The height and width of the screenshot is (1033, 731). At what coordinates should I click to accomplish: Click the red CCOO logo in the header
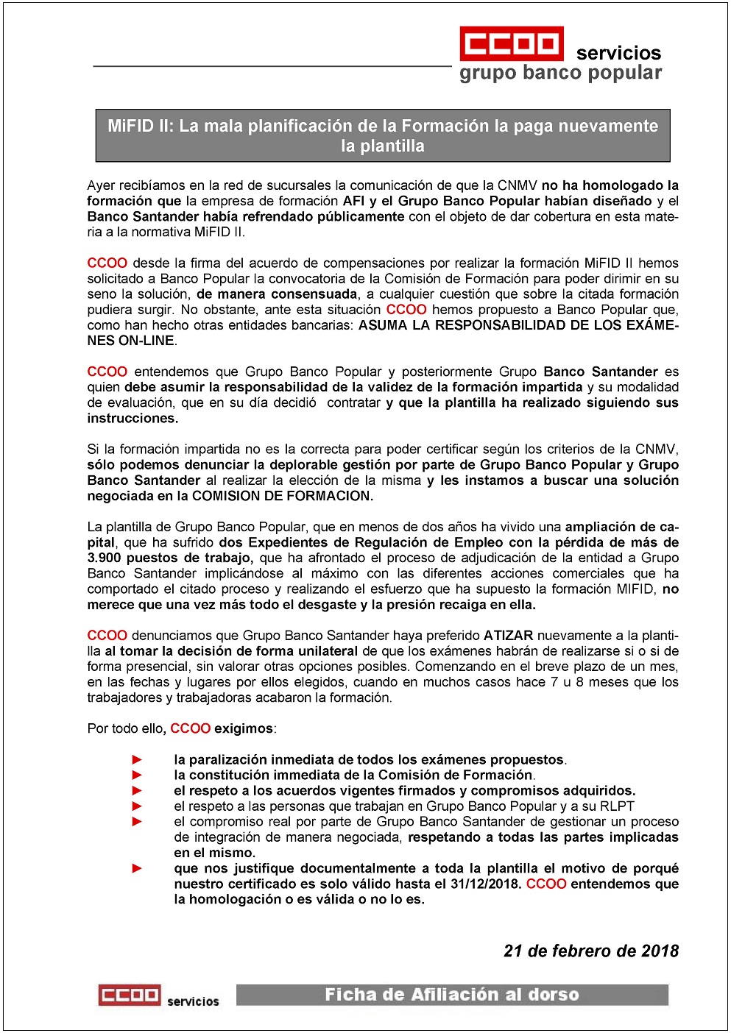[x=512, y=43]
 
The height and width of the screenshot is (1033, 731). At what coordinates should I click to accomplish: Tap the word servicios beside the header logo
[x=618, y=53]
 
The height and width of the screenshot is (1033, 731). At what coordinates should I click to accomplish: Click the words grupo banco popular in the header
[x=560, y=73]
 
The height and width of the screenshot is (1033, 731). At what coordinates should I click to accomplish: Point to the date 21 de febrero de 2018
[x=591, y=951]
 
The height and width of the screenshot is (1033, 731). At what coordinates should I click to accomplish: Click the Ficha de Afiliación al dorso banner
[x=452, y=995]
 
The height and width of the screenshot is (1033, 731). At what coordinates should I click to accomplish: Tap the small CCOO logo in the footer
[x=130, y=995]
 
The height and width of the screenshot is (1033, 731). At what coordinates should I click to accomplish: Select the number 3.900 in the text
[x=105, y=558]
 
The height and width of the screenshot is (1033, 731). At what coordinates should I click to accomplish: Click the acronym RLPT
[x=617, y=806]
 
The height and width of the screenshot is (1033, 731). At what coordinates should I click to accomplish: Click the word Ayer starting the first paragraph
[x=101, y=185]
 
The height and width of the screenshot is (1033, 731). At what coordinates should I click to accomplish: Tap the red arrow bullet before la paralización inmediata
[x=137, y=759]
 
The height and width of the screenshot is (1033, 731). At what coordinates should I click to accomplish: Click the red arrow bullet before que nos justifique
[x=137, y=868]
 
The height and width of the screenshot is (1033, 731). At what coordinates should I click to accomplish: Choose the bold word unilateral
[x=328, y=650]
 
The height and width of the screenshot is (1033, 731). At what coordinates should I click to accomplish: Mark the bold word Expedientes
[x=283, y=542]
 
